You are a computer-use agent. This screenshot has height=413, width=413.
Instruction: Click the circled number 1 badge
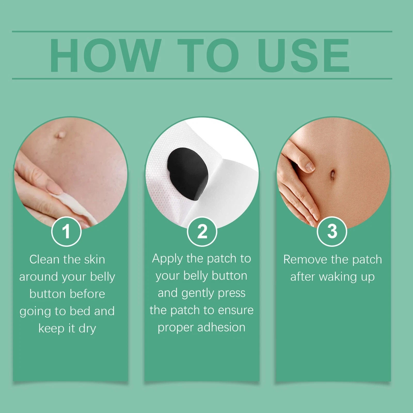click(66, 232)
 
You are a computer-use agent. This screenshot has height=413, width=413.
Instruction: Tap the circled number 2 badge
click(202, 232)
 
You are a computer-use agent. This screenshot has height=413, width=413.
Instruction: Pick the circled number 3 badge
click(332, 232)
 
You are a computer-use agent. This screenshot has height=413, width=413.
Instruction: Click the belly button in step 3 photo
click(332, 174)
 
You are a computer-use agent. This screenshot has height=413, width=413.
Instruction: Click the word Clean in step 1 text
click(45, 259)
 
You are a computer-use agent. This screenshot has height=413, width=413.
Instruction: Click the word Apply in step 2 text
click(167, 259)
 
